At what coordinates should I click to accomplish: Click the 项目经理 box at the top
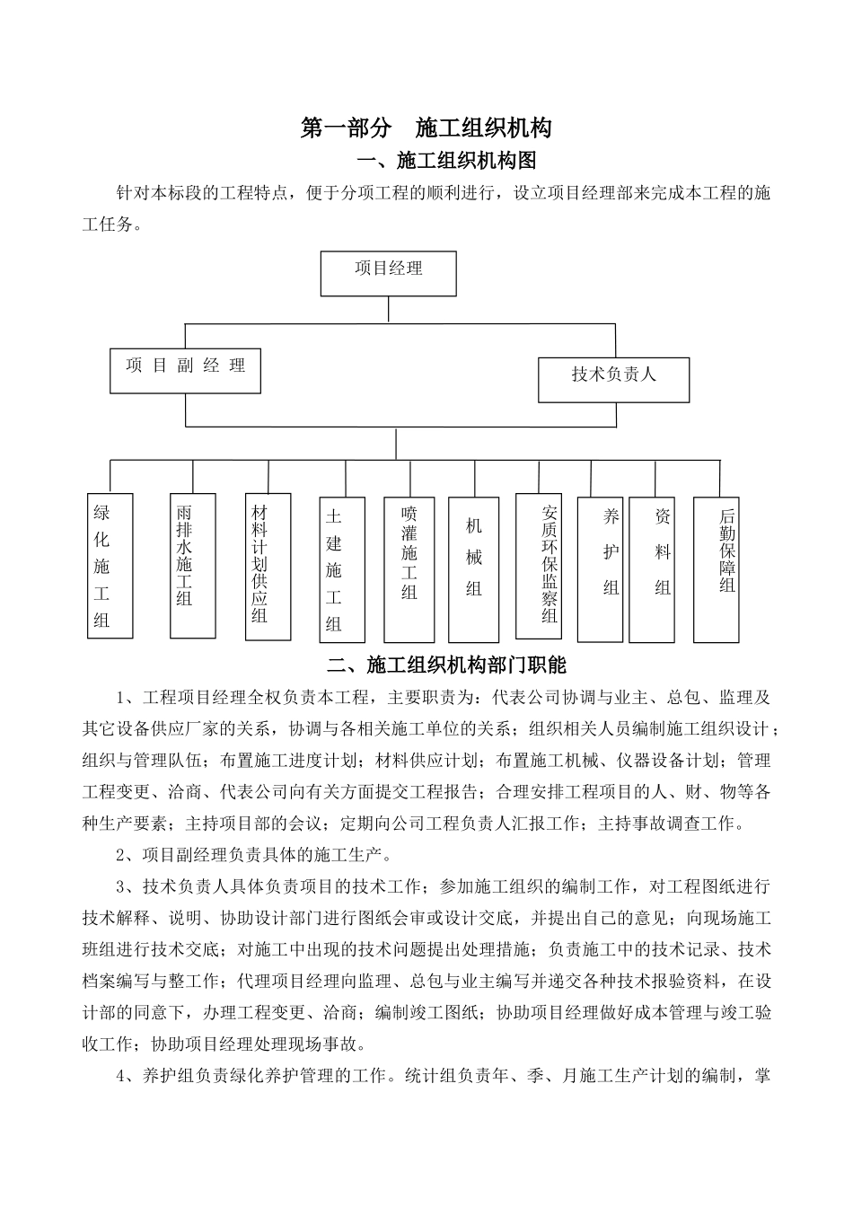click(x=389, y=273)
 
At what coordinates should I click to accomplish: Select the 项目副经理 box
click(x=185, y=371)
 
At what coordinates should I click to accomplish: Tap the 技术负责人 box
click(x=614, y=379)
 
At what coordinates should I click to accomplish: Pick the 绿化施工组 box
click(x=110, y=566)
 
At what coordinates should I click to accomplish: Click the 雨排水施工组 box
click(x=192, y=565)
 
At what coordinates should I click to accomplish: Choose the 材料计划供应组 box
click(x=268, y=566)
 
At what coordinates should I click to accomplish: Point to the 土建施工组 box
click(x=342, y=569)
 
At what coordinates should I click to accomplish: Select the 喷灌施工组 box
click(x=409, y=567)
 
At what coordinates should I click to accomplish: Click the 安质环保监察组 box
click(x=539, y=565)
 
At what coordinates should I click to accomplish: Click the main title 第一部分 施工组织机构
click(x=426, y=128)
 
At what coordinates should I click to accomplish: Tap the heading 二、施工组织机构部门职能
click(x=447, y=665)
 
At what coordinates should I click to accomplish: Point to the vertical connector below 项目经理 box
click(x=389, y=308)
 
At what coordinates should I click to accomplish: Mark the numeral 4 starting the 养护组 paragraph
click(x=121, y=1076)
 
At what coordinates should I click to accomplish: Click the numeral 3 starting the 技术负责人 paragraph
click(x=121, y=887)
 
